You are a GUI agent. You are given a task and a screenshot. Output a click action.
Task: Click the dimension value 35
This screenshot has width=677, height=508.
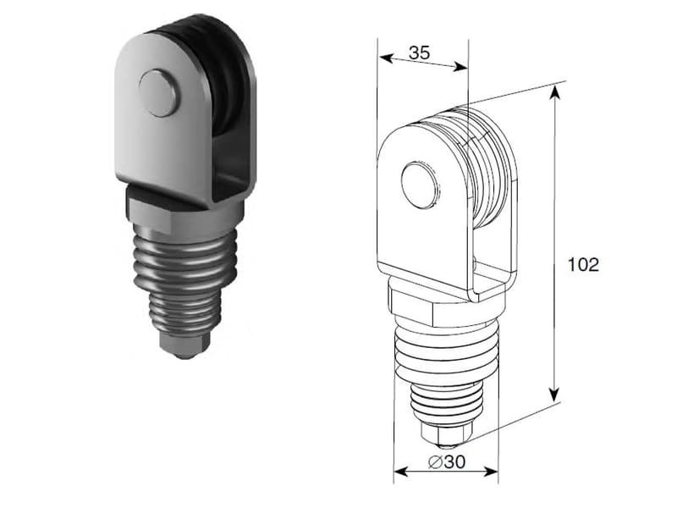tap(419, 52)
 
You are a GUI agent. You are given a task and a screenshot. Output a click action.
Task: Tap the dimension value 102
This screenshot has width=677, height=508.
tap(583, 264)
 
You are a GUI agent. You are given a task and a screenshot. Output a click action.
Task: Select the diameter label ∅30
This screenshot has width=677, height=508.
tap(447, 461)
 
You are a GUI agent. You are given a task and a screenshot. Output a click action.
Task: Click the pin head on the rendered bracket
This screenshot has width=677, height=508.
tap(159, 93)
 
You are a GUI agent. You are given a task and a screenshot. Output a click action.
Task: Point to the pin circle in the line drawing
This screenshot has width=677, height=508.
tap(420, 185)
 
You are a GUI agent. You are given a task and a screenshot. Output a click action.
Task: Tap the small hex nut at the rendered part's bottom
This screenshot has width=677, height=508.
tap(183, 345)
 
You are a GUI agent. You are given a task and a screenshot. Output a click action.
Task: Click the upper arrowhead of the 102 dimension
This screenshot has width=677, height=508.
tap(555, 92)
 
